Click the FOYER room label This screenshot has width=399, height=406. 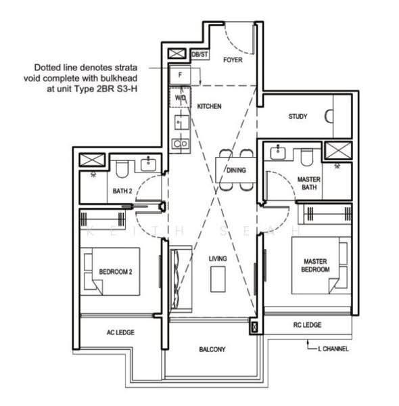(233, 60)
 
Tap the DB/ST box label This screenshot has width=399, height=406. (199, 54)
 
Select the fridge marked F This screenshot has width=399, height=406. (180, 75)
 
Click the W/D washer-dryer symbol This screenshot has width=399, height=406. (180, 97)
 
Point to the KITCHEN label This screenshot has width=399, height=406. (209, 106)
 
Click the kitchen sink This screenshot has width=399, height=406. (182, 122)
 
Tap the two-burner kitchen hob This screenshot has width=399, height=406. (181, 143)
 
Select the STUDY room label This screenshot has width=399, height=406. (298, 116)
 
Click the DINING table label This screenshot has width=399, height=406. (236, 170)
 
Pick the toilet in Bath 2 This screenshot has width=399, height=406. (122, 168)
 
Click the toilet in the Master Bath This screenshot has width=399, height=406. (307, 157)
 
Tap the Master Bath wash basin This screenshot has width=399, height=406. (278, 153)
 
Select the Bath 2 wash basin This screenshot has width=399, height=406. (148, 165)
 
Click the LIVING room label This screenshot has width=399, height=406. (218, 258)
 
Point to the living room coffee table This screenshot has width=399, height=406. (218, 279)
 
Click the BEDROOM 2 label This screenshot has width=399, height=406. (116, 271)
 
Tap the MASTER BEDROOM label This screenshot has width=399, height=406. (315, 265)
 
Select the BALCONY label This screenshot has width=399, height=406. (212, 349)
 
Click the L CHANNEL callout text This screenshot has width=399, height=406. (333, 348)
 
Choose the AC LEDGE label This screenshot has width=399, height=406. (120, 332)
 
